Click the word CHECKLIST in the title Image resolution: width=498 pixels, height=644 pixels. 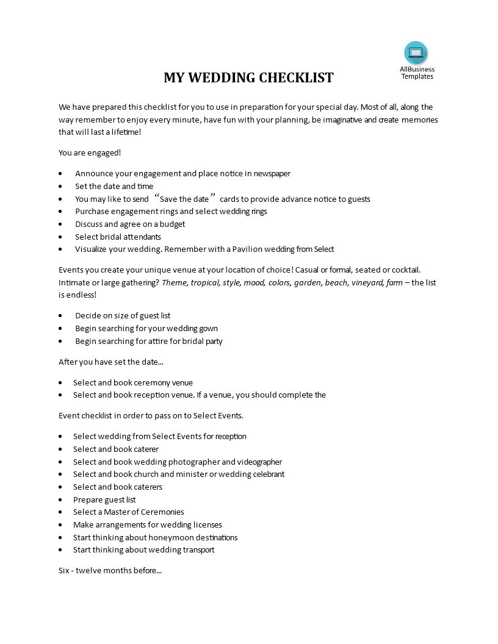pyautogui.click(x=296, y=78)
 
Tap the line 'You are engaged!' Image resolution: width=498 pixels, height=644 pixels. pyautogui.click(x=90, y=152)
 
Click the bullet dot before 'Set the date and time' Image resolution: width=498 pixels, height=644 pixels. pyautogui.click(x=61, y=187)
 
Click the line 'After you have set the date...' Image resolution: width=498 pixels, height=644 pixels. pyautogui.click(x=111, y=362)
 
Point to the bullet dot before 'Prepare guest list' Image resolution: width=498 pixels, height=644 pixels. pyautogui.click(x=61, y=500)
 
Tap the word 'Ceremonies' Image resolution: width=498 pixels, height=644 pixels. pyautogui.click(x=162, y=512)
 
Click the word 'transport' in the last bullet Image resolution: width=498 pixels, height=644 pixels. pyautogui.click(x=198, y=549)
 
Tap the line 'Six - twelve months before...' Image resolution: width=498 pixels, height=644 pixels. pyautogui.click(x=110, y=571)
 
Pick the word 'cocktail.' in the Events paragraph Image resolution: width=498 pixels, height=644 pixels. pyautogui.click(x=403, y=270)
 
